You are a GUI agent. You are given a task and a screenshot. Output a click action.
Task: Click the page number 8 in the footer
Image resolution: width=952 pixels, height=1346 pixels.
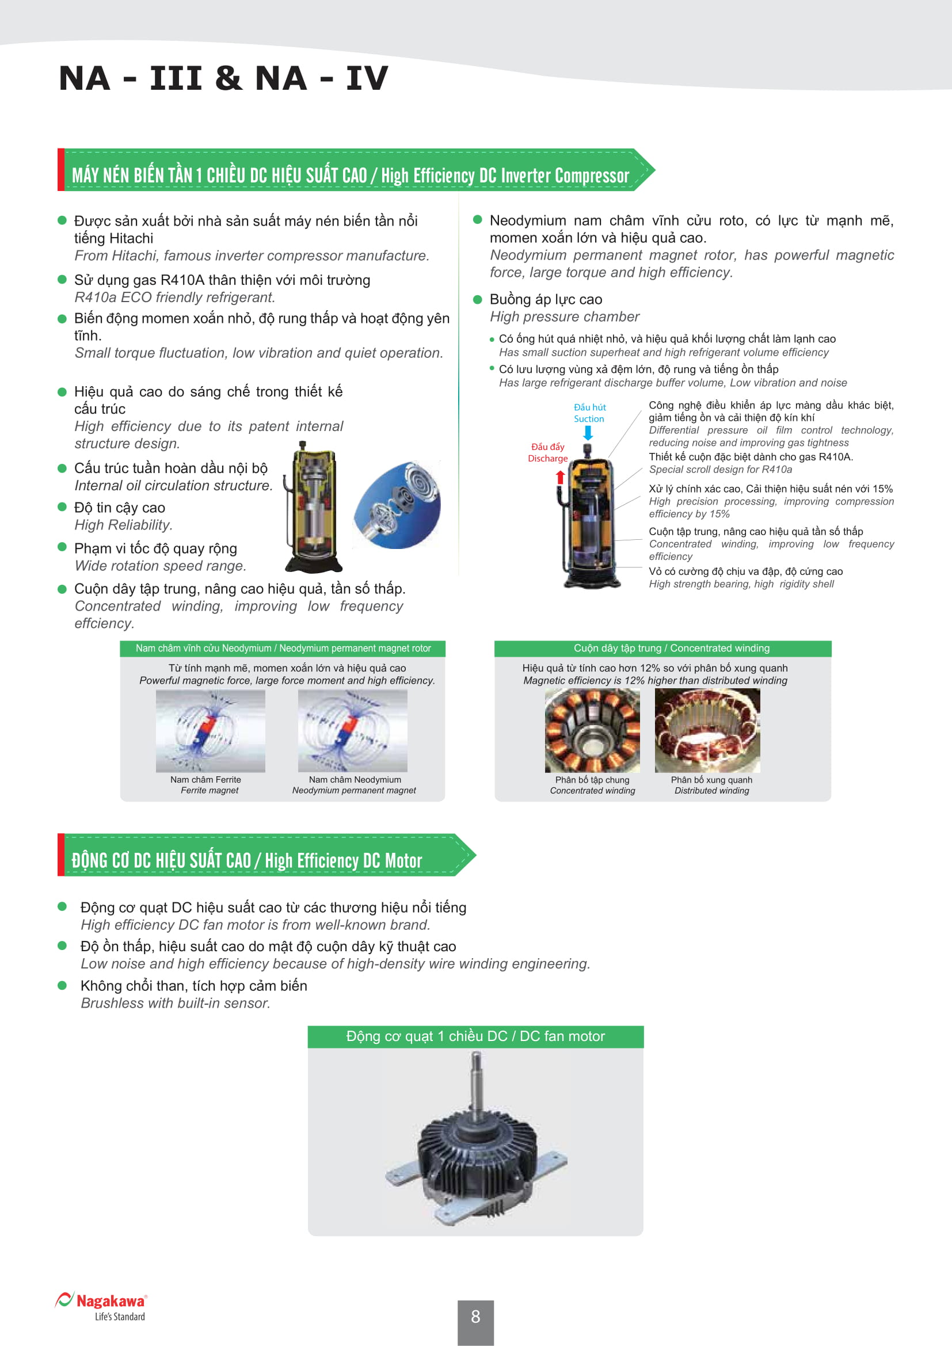(475, 1316)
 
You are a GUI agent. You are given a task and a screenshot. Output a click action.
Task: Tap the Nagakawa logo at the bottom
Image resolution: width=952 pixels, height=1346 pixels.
(101, 1306)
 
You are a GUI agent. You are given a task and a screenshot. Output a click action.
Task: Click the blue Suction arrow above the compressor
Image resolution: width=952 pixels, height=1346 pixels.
(588, 433)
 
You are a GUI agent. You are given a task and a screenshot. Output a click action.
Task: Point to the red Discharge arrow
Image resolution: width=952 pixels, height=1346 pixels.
(560, 477)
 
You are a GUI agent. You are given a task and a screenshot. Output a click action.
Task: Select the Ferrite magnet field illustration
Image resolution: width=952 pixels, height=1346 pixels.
(210, 730)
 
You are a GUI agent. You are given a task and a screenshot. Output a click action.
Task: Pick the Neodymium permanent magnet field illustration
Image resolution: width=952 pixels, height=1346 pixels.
(352, 730)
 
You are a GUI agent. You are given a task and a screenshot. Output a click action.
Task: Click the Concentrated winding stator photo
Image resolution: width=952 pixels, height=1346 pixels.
(592, 730)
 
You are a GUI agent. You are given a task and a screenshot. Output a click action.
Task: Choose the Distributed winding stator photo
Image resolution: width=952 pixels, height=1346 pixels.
(707, 730)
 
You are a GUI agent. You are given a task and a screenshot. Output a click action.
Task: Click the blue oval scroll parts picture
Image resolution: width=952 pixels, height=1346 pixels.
(398, 505)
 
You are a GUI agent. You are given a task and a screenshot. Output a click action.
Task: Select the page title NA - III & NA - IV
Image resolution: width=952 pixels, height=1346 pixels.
(223, 78)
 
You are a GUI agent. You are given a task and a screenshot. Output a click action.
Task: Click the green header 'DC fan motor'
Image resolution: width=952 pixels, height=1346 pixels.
(475, 1036)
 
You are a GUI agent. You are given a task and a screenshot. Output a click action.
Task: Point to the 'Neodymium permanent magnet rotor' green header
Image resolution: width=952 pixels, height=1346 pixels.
(283, 649)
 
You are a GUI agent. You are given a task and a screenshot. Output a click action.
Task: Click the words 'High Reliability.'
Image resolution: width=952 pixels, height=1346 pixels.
(123, 525)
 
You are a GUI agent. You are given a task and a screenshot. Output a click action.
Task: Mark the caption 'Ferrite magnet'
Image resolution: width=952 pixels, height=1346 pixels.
(210, 790)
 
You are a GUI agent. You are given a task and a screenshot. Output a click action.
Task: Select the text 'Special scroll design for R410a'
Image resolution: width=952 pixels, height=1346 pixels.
(720, 470)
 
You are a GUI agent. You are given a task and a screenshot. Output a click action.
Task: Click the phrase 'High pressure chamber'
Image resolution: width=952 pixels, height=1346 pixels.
(564, 317)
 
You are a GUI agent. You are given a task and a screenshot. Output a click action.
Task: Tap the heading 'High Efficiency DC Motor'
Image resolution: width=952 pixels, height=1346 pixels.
(343, 860)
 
